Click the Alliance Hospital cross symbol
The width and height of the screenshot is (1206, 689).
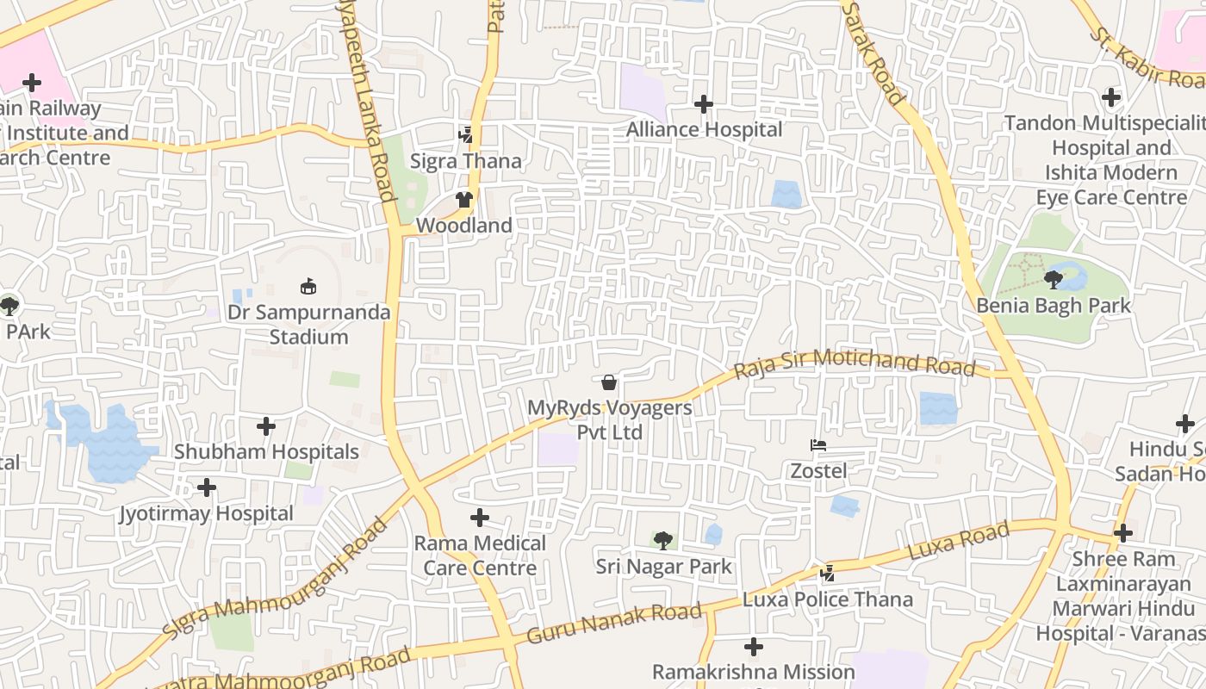(x=704, y=104)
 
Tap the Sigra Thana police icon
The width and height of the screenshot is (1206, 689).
(x=466, y=135)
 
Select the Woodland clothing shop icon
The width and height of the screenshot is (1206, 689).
(x=465, y=200)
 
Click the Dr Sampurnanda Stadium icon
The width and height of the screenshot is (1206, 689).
(x=308, y=286)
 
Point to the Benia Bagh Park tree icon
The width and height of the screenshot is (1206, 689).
(x=1053, y=279)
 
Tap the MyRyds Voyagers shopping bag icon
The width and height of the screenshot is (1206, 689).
(x=609, y=382)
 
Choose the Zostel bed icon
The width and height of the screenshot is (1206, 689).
(x=818, y=445)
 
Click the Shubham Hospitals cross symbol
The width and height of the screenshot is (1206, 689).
(x=266, y=426)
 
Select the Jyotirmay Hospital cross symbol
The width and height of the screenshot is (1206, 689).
(x=207, y=488)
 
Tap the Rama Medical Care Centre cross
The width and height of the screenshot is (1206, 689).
(x=480, y=518)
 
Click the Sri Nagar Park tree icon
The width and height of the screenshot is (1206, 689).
(x=662, y=541)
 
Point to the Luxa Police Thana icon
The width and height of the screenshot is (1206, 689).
(x=828, y=573)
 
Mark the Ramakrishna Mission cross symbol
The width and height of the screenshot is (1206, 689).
(x=754, y=646)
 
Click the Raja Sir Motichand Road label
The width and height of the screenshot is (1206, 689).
(x=854, y=363)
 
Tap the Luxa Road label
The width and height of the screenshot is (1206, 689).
(x=958, y=541)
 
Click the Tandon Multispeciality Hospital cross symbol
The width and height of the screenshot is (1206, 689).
(x=1111, y=97)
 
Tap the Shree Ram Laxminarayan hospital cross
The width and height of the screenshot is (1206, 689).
(x=1123, y=533)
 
